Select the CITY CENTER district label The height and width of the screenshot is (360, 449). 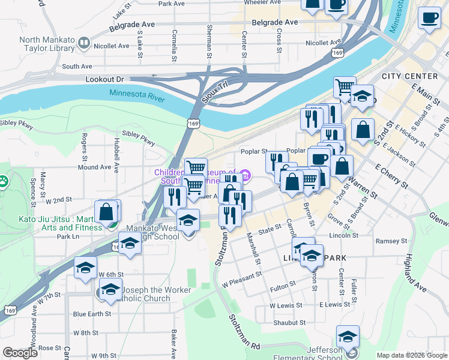click(x=410, y=76)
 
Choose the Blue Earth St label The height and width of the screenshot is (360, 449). click(x=92, y=314)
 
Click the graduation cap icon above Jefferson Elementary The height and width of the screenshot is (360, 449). click(x=348, y=337)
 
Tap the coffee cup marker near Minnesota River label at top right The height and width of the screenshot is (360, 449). click(x=429, y=19)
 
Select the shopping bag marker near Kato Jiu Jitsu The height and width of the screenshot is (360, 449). click(x=106, y=212)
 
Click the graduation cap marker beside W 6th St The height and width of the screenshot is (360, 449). click(x=85, y=268)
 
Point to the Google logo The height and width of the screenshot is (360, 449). click(x=20, y=353)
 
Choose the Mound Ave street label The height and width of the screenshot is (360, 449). click(x=94, y=167)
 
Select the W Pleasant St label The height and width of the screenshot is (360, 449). click(x=242, y=279)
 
